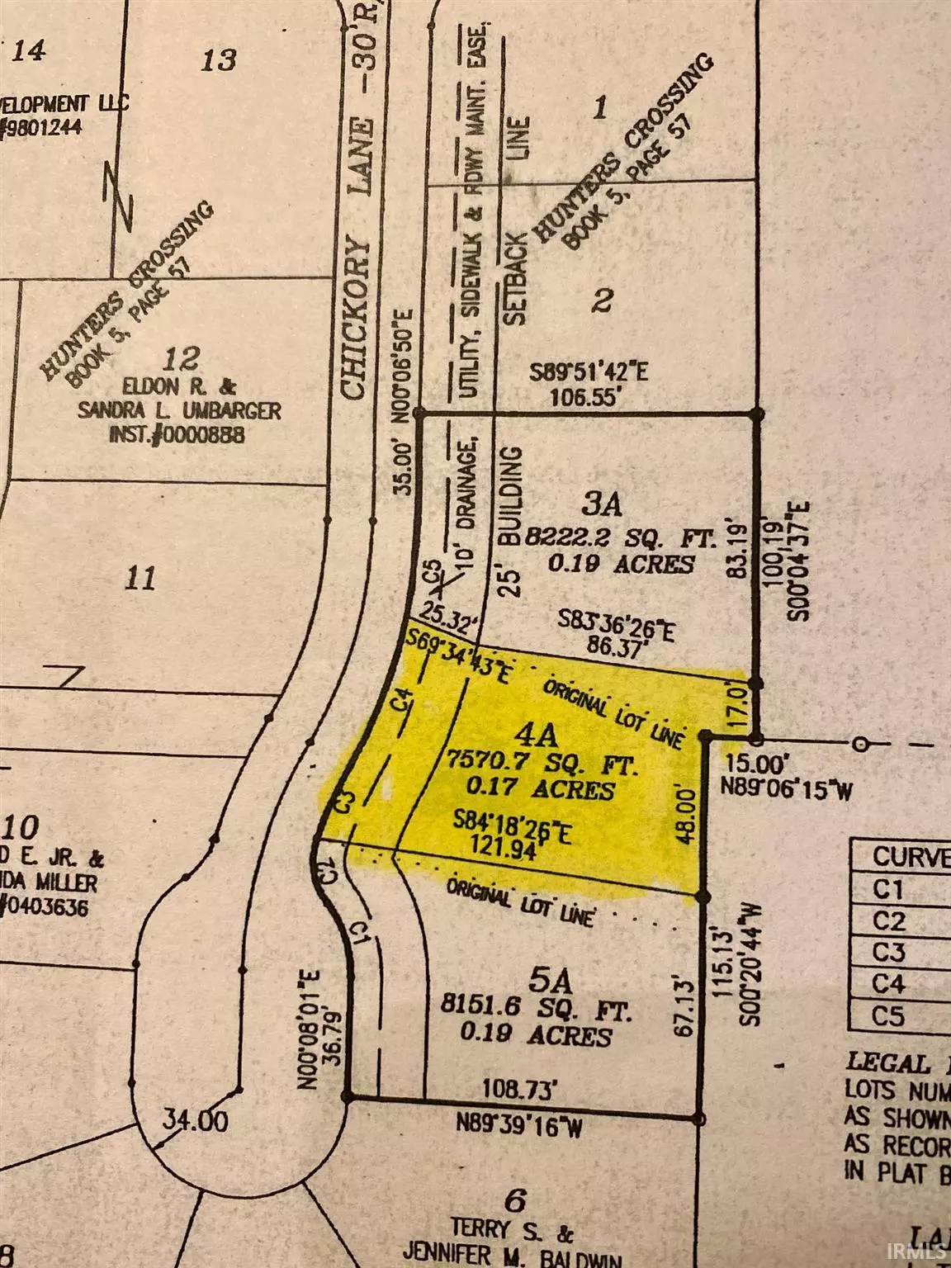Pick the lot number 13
220,59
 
